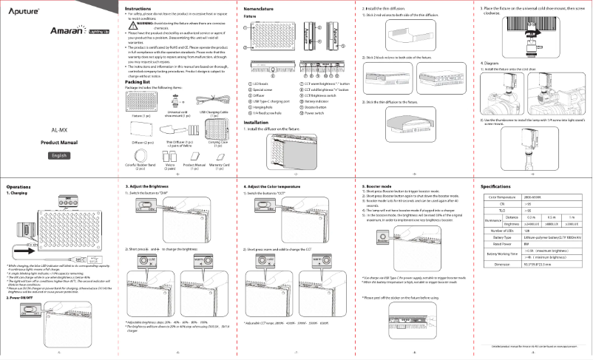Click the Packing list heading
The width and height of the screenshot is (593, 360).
[138, 82]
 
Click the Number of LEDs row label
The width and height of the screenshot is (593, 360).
[502, 231]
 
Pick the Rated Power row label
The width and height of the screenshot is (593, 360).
[502, 243]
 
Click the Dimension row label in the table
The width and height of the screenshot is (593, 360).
[502, 263]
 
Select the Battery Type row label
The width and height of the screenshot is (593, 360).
[502, 237]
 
